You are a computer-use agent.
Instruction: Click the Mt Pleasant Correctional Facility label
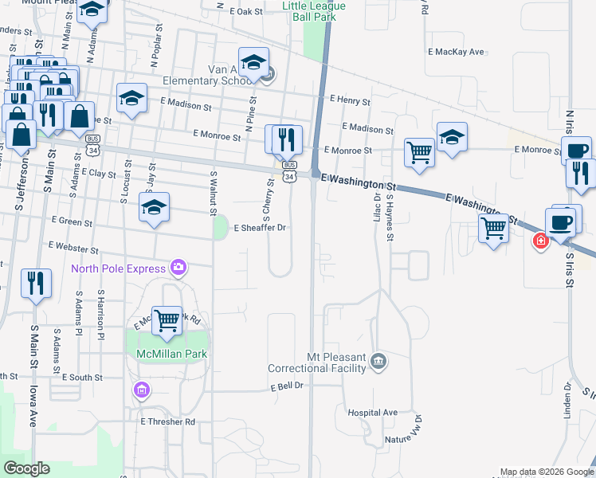(316, 363)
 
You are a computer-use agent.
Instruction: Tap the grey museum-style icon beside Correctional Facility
(379, 362)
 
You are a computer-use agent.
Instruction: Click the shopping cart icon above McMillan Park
(167, 321)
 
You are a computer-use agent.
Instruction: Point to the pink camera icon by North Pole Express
(178, 268)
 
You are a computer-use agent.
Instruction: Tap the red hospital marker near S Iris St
(541, 240)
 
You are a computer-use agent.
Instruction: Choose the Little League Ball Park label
(314, 10)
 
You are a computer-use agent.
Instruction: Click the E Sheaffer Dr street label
(259, 228)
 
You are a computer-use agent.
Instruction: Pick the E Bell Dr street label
(288, 386)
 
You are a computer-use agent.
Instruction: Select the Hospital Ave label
(372, 413)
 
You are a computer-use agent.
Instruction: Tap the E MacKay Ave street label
(456, 52)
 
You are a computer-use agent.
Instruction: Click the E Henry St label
(350, 102)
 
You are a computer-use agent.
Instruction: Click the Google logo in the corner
(26, 468)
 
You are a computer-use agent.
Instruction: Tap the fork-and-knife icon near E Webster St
(36, 284)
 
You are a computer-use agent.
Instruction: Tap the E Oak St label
(245, 12)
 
